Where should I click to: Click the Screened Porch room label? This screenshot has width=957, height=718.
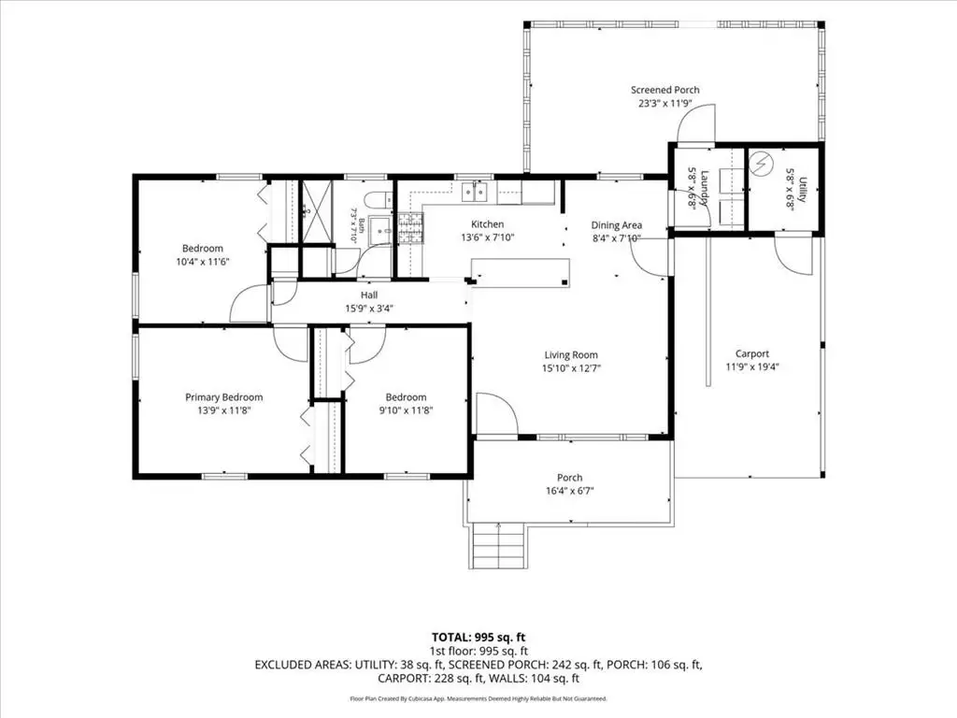(665, 90)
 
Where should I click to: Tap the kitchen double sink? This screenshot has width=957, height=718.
(475, 192)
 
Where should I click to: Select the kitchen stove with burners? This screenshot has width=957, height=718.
(410, 228)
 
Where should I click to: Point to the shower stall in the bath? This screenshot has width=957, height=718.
(318, 210)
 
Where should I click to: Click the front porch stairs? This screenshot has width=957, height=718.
(499, 546)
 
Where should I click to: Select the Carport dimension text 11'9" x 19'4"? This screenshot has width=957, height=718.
(752, 366)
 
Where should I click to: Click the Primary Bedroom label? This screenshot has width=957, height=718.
(224, 396)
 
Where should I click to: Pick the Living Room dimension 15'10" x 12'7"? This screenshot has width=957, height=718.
(571, 368)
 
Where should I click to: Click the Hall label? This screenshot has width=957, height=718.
(368, 294)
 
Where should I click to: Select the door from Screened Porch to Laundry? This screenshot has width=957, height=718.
(695, 122)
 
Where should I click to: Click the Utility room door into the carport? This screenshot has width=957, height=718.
(794, 252)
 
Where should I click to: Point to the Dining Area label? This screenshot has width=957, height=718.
(617, 225)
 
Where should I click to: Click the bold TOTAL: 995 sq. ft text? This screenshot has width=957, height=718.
(478, 638)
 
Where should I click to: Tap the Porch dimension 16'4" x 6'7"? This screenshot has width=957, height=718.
(570, 491)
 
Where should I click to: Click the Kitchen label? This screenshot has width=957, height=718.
(488, 224)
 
